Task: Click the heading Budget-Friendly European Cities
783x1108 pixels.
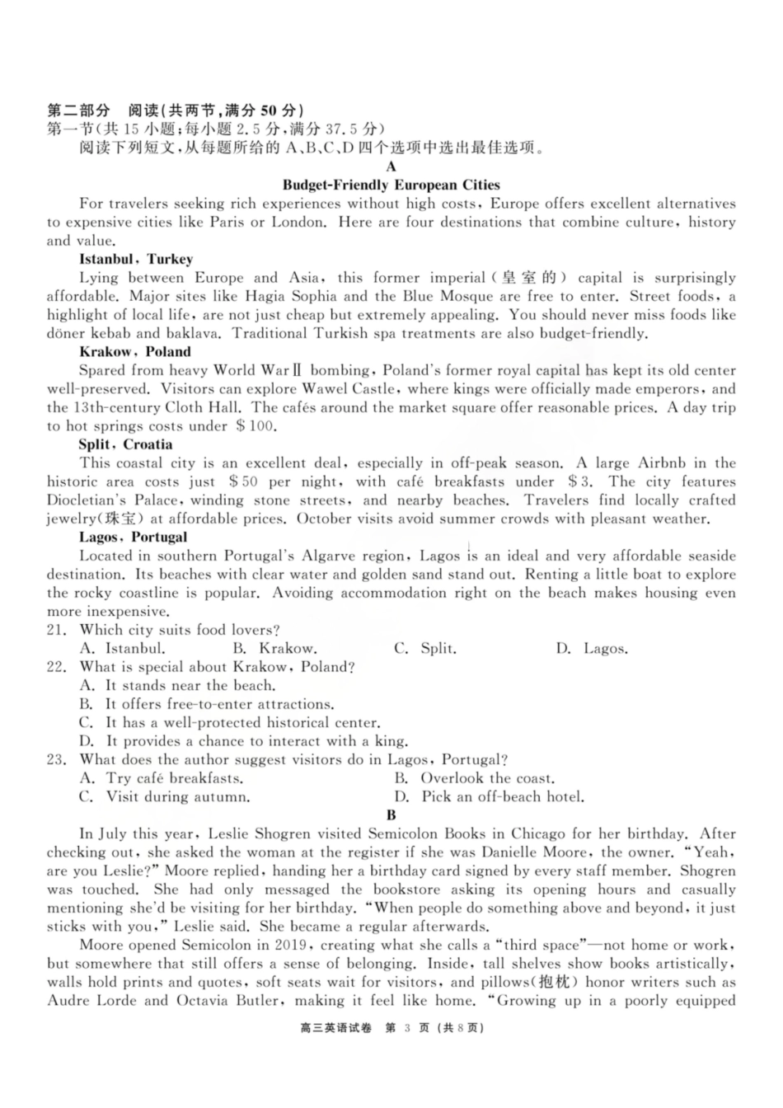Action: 391,185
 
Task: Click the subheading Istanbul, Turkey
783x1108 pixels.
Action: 136,259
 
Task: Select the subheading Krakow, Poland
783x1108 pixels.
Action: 135,352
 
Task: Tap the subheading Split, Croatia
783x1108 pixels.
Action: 126,444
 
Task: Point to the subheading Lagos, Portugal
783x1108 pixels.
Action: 134,538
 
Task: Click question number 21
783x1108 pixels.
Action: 56,631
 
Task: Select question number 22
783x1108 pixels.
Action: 56,668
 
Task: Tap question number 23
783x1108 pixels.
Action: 56,760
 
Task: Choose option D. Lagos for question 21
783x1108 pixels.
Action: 592,649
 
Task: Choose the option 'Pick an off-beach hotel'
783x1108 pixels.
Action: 490,797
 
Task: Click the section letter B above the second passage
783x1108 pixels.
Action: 391,815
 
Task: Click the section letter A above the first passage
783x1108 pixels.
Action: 391,167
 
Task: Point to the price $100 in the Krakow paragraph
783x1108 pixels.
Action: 256,426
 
